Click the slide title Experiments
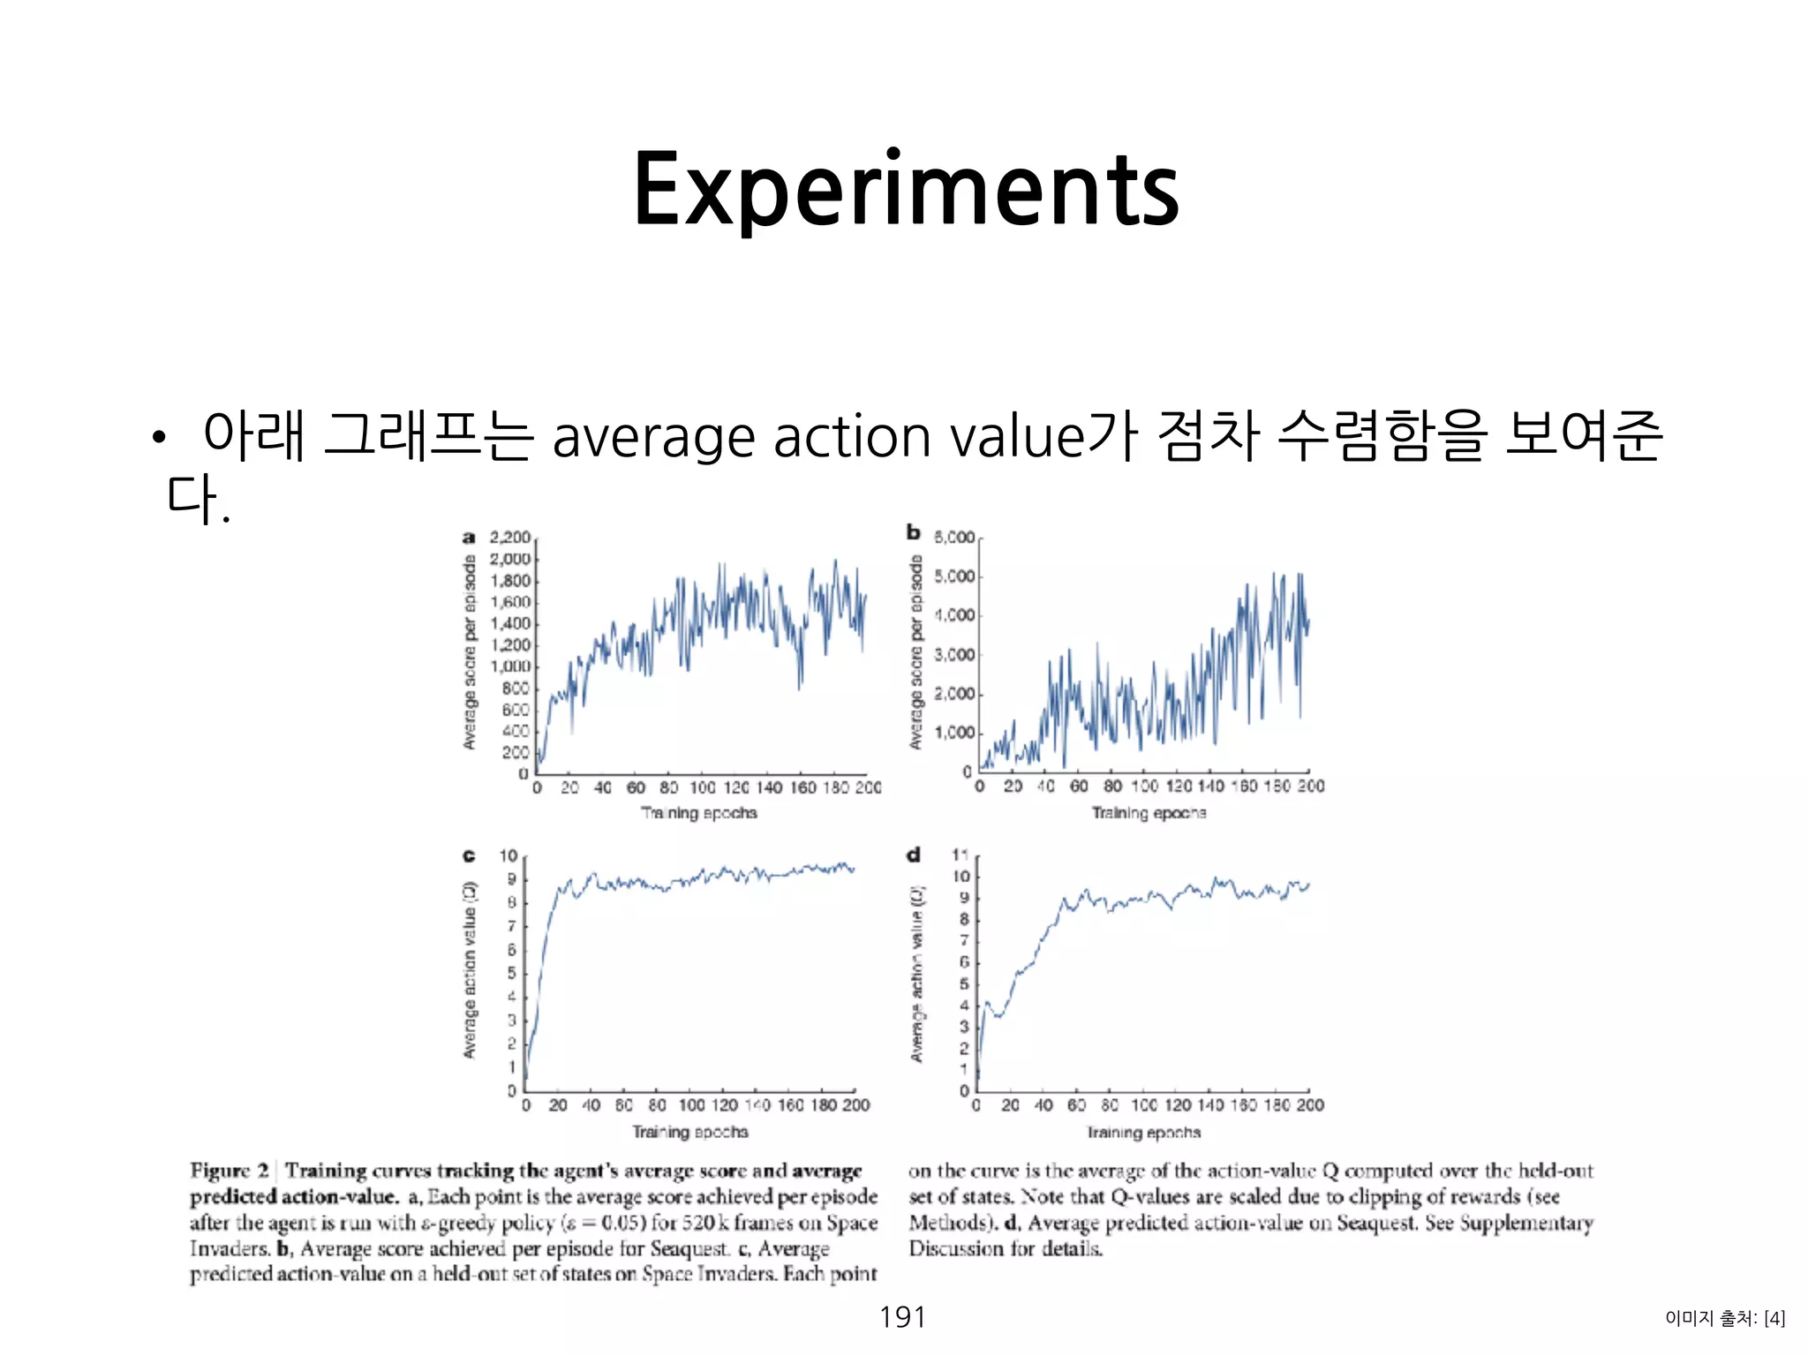tap(906, 190)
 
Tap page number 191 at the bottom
tap(902, 1316)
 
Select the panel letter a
tap(469, 537)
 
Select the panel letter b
tap(913, 531)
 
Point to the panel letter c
tap(469, 855)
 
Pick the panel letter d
tap(913, 855)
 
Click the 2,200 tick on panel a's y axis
tap(510, 537)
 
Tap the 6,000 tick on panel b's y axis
tap(954, 537)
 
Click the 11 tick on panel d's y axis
tap(960, 855)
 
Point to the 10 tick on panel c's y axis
tap(508, 855)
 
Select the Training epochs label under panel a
tap(698, 812)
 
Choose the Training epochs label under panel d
tap(1143, 1132)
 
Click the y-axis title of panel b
tap(915, 652)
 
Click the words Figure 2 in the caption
tap(229, 1171)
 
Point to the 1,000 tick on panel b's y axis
tap(954, 733)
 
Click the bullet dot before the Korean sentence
tap(158, 438)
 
